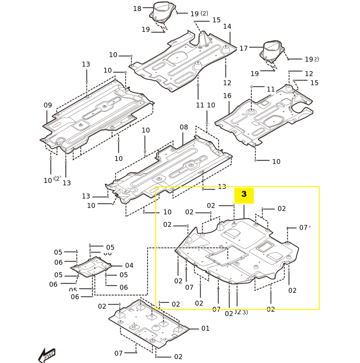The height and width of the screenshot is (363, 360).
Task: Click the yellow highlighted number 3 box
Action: pos(244,195)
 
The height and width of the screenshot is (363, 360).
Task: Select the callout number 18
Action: pos(137,9)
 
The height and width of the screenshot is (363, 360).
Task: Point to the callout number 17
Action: pos(243,48)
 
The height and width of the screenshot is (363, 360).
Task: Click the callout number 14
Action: pos(227,27)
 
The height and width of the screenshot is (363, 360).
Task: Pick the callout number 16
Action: pos(227,96)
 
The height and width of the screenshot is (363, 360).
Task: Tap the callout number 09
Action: pos(48,105)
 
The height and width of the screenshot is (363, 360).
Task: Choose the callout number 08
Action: pos(184,127)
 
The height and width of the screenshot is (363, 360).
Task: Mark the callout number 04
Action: pos(129,266)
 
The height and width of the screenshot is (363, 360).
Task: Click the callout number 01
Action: pos(206,328)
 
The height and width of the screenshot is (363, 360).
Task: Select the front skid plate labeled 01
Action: pos(149,323)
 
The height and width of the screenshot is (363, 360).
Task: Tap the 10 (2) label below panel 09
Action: pos(52,180)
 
